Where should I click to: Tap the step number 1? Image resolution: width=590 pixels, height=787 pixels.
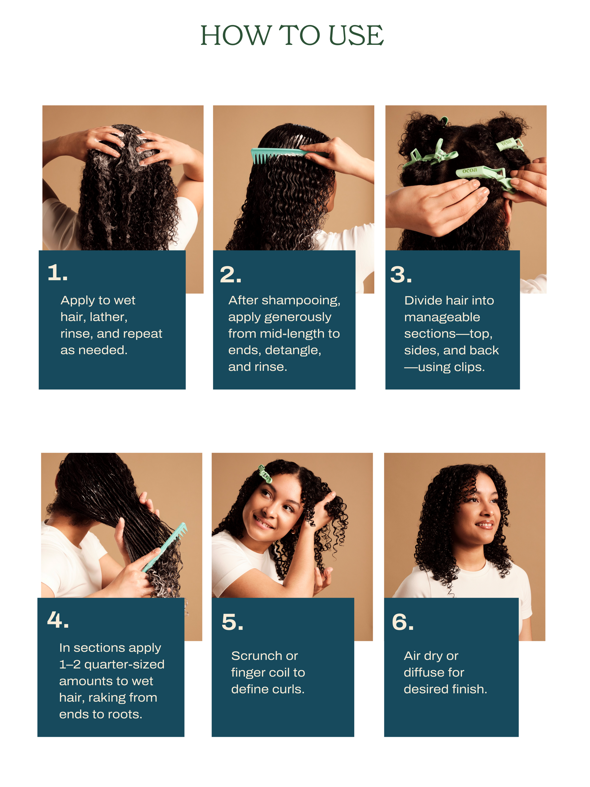pyautogui.click(x=57, y=273)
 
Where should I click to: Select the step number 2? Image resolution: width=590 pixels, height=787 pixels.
pyautogui.click(x=230, y=275)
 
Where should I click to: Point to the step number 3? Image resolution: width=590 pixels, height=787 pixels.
pyautogui.click(x=401, y=275)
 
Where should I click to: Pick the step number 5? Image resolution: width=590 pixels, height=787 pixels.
pyautogui.click(x=232, y=622)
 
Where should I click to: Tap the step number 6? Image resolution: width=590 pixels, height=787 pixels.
pyautogui.click(x=403, y=622)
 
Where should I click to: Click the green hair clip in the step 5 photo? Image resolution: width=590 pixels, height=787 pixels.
pyautogui.click(x=265, y=474)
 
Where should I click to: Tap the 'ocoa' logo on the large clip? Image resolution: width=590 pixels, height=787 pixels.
pyautogui.click(x=469, y=171)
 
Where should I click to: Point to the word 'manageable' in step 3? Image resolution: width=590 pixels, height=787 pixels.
pyautogui.click(x=442, y=317)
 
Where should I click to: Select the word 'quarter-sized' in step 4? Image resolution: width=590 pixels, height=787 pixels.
pyautogui.click(x=124, y=665)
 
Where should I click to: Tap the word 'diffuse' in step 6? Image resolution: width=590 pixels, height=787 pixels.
pyautogui.click(x=424, y=673)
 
